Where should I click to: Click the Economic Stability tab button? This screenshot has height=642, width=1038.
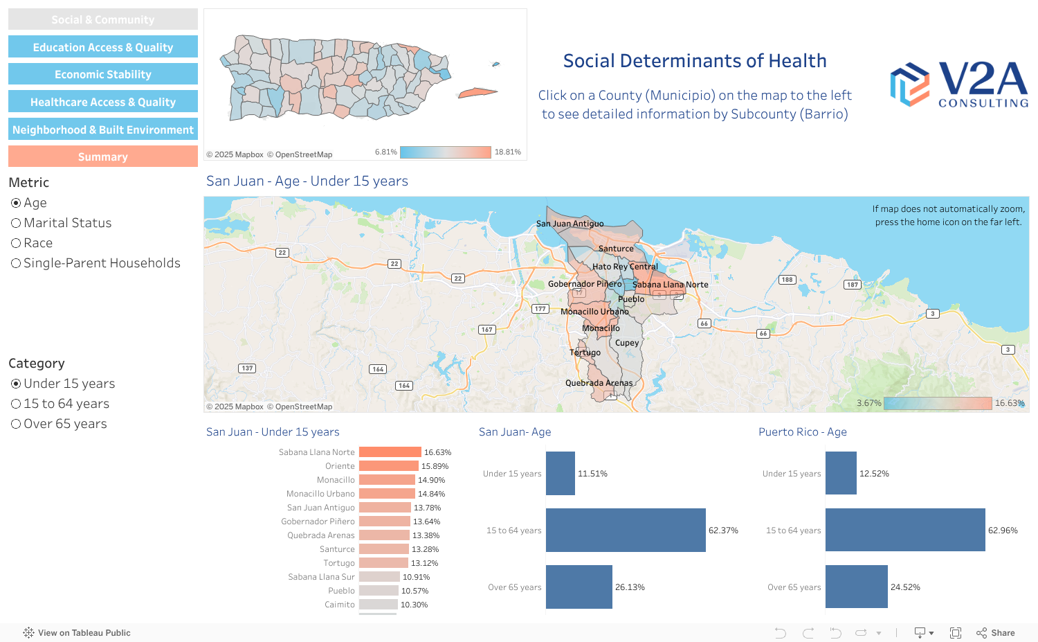coord(103,74)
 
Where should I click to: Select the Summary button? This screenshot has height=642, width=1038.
coord(103,157)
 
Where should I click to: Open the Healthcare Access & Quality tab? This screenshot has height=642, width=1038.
coord(103,102)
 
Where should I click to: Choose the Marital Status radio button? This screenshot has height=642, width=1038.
coord(16,223)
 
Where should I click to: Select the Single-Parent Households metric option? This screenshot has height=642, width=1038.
coord(16,263)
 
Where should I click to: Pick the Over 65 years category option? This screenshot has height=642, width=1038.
coord(16,424)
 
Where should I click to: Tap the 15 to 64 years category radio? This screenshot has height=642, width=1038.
coord(16,404)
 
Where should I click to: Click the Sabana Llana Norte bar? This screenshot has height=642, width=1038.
coord(390,452)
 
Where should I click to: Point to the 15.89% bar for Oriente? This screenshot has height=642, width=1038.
coord(388,466)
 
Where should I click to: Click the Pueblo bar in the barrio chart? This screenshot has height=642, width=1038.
coord(378,591)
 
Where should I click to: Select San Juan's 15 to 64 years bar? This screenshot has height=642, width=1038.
coord(626,530)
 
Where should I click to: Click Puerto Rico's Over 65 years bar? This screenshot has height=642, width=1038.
coord(856,587)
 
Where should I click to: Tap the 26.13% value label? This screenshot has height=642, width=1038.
coord(630,587)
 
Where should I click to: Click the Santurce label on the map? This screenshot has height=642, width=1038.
coord(616,249)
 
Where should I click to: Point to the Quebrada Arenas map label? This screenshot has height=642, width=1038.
coord(599,383)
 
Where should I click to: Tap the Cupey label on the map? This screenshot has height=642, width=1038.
coord(627,343)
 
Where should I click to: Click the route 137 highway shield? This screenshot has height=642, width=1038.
coord(247,368)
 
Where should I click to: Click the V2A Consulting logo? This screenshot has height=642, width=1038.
coord(958,84)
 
